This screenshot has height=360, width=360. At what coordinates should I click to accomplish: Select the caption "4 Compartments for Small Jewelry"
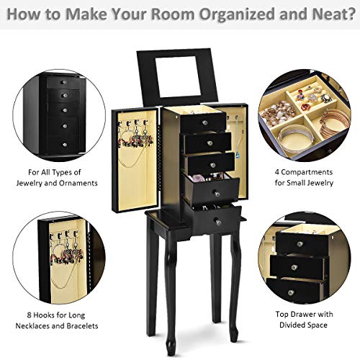point(303,177)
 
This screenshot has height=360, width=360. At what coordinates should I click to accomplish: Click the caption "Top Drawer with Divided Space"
point(302,319)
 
